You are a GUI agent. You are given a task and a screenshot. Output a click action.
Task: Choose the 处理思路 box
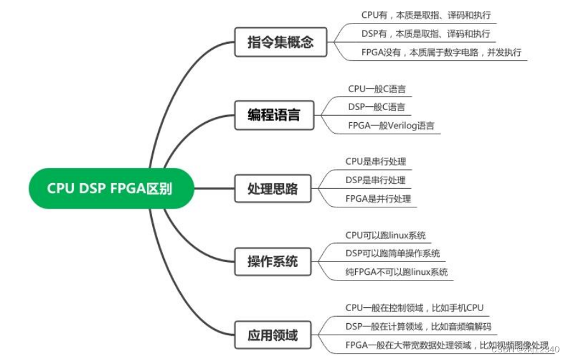[x=273, y=188]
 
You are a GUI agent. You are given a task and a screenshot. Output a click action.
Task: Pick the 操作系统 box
[x=273, y=261]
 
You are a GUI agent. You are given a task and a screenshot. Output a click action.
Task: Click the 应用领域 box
[x=273, y=335]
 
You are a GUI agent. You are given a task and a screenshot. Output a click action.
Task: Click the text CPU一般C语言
[x=376, y=88]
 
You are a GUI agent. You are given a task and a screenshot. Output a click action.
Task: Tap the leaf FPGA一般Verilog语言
[x=391, y=125]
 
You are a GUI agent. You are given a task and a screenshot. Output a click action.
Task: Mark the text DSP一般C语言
[x=376, y=107]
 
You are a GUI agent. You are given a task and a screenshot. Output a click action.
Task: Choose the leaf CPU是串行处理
[x=376, y=162]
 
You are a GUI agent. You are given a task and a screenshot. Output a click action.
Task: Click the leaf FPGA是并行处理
[x=378, y=198]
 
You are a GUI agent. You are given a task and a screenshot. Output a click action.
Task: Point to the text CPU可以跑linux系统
[x=386, y=235]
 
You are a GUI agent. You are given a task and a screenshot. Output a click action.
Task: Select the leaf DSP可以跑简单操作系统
[x=393, y=253]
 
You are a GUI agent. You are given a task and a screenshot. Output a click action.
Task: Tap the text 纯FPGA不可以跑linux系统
[x=397, y=272]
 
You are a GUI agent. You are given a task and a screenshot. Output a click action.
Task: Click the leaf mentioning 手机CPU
[x=414, y=308]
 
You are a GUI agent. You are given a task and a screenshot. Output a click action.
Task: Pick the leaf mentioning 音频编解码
[x=418, y=327]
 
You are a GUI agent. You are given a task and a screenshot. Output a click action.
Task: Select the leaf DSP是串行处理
[x=376, y=180]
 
